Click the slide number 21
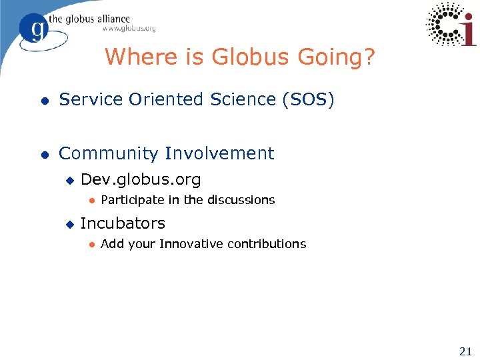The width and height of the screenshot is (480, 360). tap(465, 351)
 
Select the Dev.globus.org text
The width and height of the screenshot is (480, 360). tap(141, 180)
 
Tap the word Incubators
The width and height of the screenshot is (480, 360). tap(123, 223)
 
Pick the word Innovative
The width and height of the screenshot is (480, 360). tap(191, 244)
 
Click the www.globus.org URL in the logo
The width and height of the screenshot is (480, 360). tap(129, 29)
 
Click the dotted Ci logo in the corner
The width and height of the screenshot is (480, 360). tap(451, 24)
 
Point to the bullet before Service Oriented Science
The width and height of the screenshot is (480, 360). tap(44, 101)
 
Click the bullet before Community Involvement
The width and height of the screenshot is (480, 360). tap(44, 155)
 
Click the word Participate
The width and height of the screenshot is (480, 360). tap(131, 200)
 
